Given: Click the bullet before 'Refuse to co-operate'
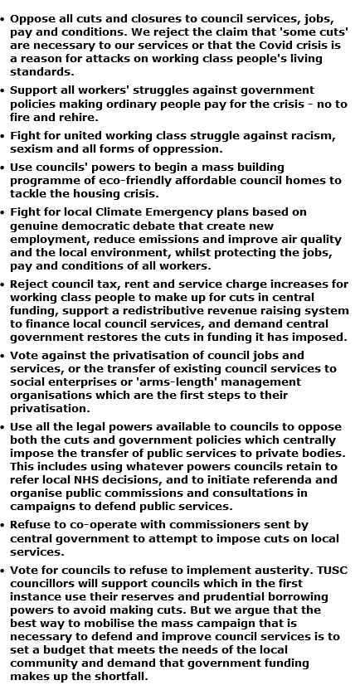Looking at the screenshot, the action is click(4, 525).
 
